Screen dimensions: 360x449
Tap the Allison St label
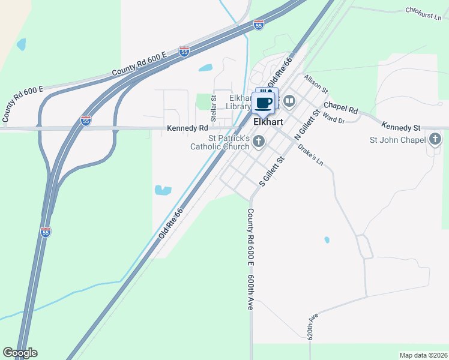tap(316, 84)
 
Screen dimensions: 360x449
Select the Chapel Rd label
tap(340, 108)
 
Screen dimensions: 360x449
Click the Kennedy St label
tap(401, 128)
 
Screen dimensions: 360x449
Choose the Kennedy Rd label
tap(187, 128)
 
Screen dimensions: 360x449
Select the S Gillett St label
tap(271, 170)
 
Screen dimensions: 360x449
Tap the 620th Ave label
tap(312, 326)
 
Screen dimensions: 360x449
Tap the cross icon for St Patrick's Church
tap(259, 142)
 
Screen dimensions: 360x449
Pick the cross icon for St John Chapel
tap(435, 140)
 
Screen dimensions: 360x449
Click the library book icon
tap(289, 101)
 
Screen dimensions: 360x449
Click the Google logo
tap(20, 353)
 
